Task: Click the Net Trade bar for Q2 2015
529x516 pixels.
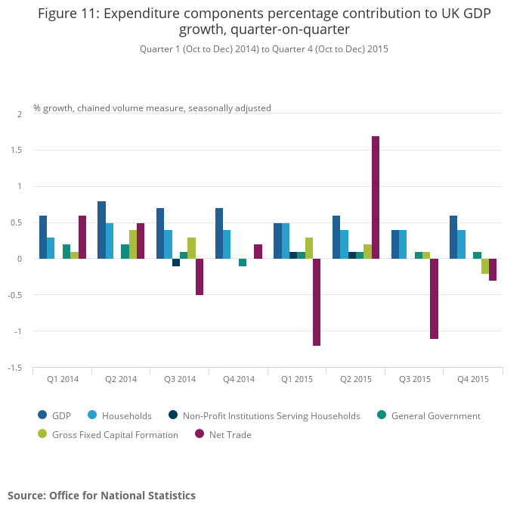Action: (x=376, y=197)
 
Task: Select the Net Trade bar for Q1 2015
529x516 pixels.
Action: (x=317, y=302)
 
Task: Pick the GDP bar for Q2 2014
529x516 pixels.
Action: (x=101, y=230)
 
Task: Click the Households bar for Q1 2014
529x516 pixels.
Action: (x=51, y=248)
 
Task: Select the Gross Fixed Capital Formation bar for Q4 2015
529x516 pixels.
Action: (x=485, y=266)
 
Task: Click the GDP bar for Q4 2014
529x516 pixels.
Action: (x=219, y=234)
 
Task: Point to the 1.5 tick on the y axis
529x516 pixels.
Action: (x=18, y=150)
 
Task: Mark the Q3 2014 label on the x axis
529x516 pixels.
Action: (x=180, y=379)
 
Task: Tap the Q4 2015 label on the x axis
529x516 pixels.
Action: (x=473, y=379)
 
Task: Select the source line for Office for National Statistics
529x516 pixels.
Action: (x=101, y=496)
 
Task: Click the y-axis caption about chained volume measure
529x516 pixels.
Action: (x=152, y=108)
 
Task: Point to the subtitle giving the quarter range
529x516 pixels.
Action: (x=264, y=48)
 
